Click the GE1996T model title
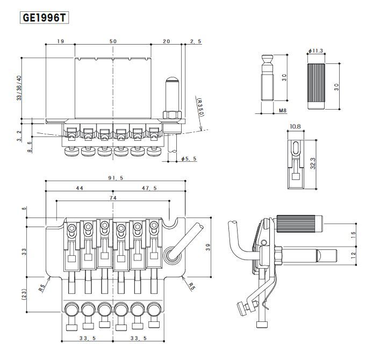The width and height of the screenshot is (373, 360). pyautogui.click(x=45, y=17)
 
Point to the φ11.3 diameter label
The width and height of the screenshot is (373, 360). pyautogui.click(x=316, y=51)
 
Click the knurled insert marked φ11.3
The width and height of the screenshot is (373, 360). pyautogui.click(x=316, y=85)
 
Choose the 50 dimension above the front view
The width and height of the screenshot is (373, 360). pyautogui.click(x=113, y=41)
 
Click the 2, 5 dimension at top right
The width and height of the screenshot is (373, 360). pyautogui.click(x=196, y=41)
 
